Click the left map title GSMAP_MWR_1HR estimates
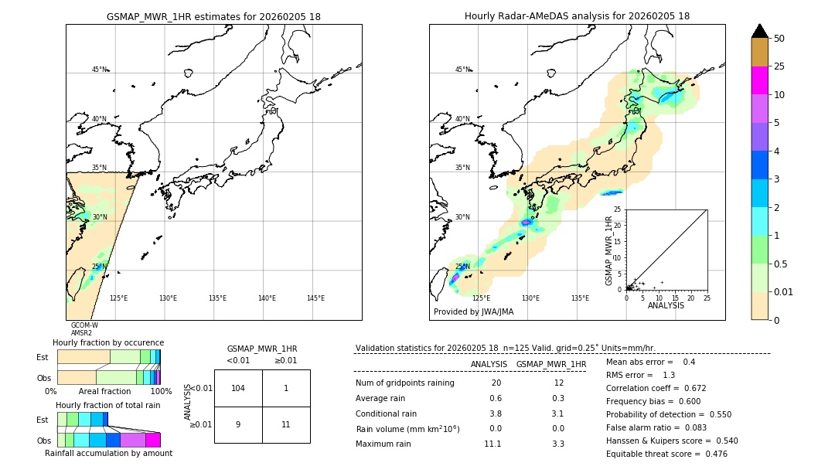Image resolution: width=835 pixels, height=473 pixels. click(213, 16)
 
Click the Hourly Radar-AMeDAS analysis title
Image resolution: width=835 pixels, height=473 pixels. click(577, 16)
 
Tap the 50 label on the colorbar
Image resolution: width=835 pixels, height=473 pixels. click(779, 39)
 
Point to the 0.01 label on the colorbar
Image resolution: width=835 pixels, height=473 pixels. click(784, 291)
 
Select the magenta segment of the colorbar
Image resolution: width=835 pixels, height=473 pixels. click(760, 80)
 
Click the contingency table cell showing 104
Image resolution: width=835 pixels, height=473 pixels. click(238, 388)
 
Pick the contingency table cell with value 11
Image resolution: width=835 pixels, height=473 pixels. click(286, 424)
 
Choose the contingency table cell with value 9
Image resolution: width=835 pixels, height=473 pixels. click(238, 424)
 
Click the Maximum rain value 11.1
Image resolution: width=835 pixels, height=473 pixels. click(492, 444)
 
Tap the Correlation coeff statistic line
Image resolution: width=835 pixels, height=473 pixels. click(656, 388)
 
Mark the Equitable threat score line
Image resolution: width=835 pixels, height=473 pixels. click(666, 454)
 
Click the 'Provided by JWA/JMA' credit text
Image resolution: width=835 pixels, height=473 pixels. click(473, 311)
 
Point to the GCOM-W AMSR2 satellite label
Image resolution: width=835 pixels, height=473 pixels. click(83, 329)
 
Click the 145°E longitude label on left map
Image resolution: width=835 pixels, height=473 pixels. click(315, 298)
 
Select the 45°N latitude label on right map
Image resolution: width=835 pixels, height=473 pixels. click(462, 70)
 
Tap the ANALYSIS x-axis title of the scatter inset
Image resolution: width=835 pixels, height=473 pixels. click(666, 305)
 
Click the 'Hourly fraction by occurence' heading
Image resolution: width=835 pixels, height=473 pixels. click(108, 342)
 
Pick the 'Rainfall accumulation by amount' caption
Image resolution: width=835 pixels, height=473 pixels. click(108, 453)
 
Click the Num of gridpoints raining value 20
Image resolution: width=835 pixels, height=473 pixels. click(496, 383)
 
